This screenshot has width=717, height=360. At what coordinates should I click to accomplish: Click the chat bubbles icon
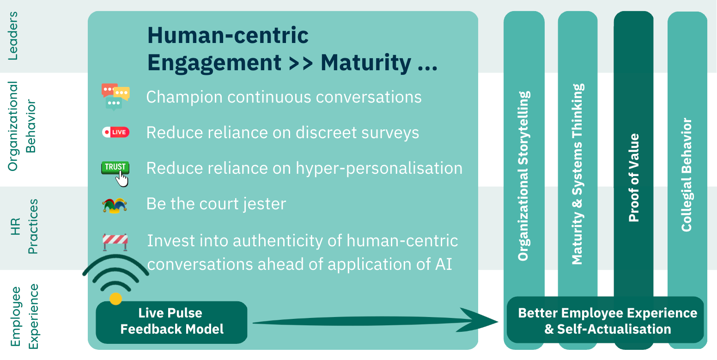(x=115, y=97)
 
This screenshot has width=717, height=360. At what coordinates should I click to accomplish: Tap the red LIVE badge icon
(x=115, y=133)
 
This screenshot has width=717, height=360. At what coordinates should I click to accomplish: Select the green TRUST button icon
(x=115, y=169)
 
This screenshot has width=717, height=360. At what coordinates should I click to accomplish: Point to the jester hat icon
(x=115, y=205)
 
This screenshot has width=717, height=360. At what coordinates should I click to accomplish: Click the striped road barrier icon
(x=115, y=241)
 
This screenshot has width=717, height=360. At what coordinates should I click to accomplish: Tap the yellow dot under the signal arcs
(x=115, y=299)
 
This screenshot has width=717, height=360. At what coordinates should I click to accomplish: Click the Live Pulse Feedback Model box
(x=171, y=322)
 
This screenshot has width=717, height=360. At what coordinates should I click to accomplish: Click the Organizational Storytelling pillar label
(x=523, y=176)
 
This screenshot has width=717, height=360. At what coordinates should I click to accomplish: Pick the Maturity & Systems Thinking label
(x=577, y=174)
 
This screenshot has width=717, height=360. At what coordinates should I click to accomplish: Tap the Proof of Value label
(x=634, y=178)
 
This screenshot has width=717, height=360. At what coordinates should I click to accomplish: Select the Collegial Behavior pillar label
(x=687, y=175)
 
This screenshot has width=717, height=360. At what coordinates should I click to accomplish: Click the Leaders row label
(x=13, y=36)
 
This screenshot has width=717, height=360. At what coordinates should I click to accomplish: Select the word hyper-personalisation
(x=379, y=168)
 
